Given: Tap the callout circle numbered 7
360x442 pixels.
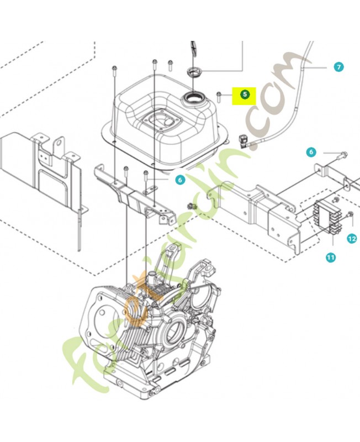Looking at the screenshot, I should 338,67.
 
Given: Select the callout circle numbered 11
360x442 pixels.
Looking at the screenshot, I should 330,257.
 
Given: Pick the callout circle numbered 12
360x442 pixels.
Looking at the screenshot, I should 352,239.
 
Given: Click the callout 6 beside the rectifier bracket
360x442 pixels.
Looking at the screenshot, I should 311,152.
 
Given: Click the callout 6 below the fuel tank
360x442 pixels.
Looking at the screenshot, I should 179,180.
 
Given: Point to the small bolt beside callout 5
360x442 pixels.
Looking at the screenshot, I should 219,97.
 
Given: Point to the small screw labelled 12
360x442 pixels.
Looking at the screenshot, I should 350,215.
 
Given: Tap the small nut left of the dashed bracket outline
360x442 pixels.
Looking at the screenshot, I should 193,206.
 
